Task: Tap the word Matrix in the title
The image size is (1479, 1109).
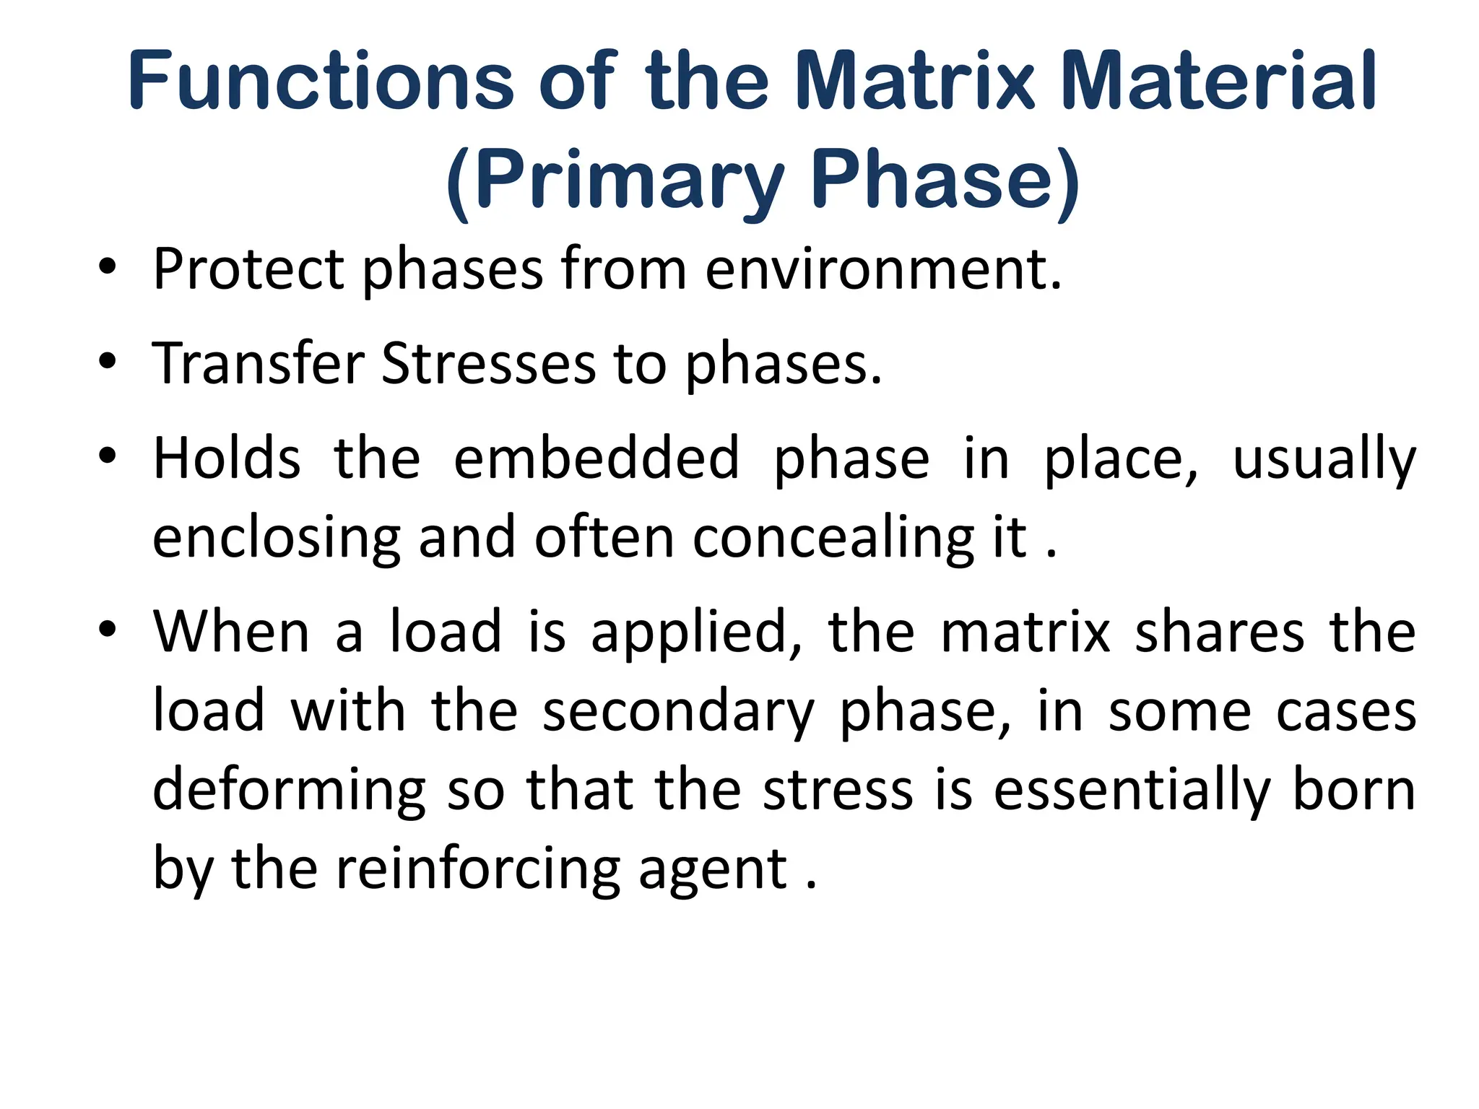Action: coord(915,81)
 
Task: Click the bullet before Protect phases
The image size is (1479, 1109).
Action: coord(108,269)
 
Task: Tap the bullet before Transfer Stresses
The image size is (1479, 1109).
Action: coord(108,362)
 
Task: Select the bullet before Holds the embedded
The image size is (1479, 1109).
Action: coord(108,457)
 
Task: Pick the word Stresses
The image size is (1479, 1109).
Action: coord(488,363)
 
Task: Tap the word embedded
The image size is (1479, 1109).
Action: coord(597,458)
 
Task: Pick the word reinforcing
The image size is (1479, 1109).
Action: coord(478,871)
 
